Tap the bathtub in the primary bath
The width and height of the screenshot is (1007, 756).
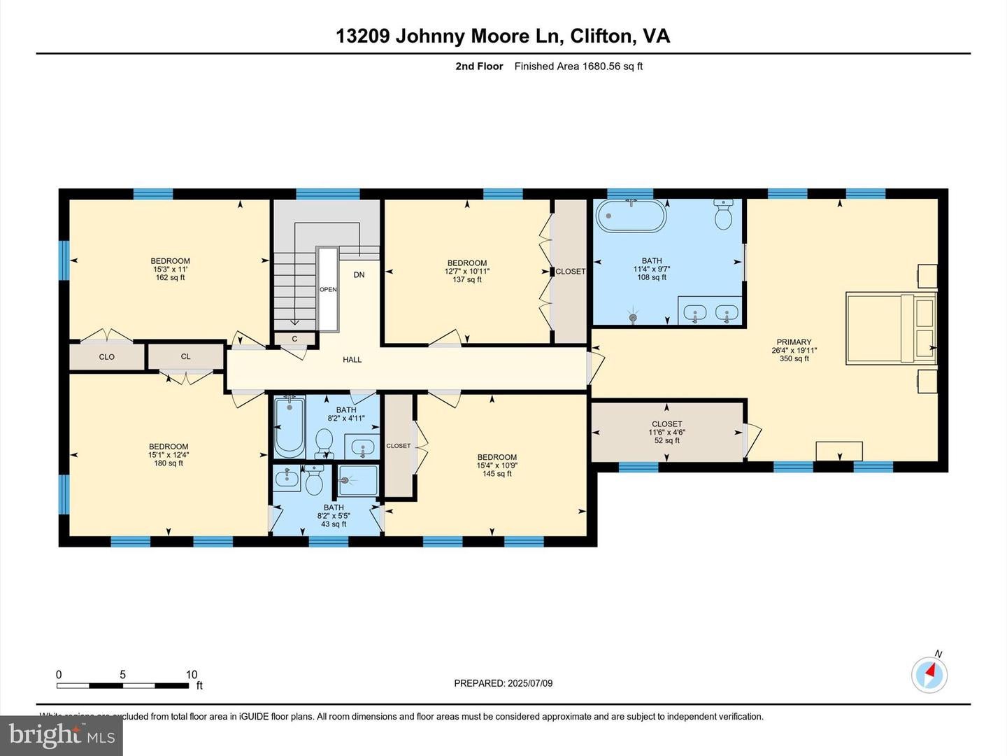coord(634,215)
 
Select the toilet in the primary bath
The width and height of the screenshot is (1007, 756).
coord(723,215)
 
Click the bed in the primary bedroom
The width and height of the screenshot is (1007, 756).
coord(890,328)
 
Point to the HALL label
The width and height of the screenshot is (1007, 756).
coord(352,360)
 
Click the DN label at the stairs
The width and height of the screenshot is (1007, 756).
coord(359,275)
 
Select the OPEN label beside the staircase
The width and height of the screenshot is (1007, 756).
coord(328,289)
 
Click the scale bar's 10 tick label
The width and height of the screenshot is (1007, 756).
coord(192,675)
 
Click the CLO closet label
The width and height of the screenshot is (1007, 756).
coord(106,357)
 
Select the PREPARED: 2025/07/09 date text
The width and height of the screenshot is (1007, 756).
coord(503,683)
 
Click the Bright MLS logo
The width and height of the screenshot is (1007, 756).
coord(62,735)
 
